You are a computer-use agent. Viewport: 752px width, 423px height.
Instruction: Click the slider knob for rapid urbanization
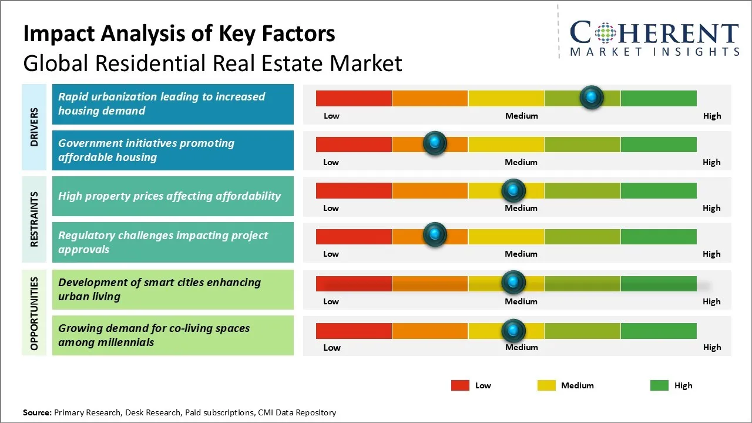(592, 97)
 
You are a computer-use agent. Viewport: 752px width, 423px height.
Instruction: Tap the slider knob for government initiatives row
(435, 143)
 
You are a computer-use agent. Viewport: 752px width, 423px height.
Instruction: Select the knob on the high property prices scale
(513, 190)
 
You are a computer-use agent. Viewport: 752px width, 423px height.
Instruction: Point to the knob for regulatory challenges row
(435, 234)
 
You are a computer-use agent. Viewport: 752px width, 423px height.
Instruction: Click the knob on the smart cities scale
(513, 283)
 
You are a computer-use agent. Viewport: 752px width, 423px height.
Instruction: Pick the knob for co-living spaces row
(513, 330)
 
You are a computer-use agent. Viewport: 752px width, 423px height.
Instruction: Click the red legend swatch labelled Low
(460, 385)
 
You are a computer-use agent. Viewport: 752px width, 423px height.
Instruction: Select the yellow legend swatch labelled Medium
(546, 385)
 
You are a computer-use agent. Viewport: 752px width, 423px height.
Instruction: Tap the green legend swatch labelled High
(659, 385)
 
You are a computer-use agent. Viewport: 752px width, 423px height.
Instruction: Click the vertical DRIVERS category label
(35, 127)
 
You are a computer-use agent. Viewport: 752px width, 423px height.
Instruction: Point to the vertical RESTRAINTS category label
(35, 219)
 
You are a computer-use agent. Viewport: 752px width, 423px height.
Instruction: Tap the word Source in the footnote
(37, 412)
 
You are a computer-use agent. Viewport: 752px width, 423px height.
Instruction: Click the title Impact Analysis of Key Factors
(179, 33)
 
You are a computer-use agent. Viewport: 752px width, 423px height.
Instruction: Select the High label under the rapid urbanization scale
(712, 116)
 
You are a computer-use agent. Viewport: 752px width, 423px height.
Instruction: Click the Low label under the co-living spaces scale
(332, 347)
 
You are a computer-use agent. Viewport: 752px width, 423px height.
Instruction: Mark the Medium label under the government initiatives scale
(521, 162)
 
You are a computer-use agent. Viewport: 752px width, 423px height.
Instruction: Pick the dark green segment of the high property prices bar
(658, 190)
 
